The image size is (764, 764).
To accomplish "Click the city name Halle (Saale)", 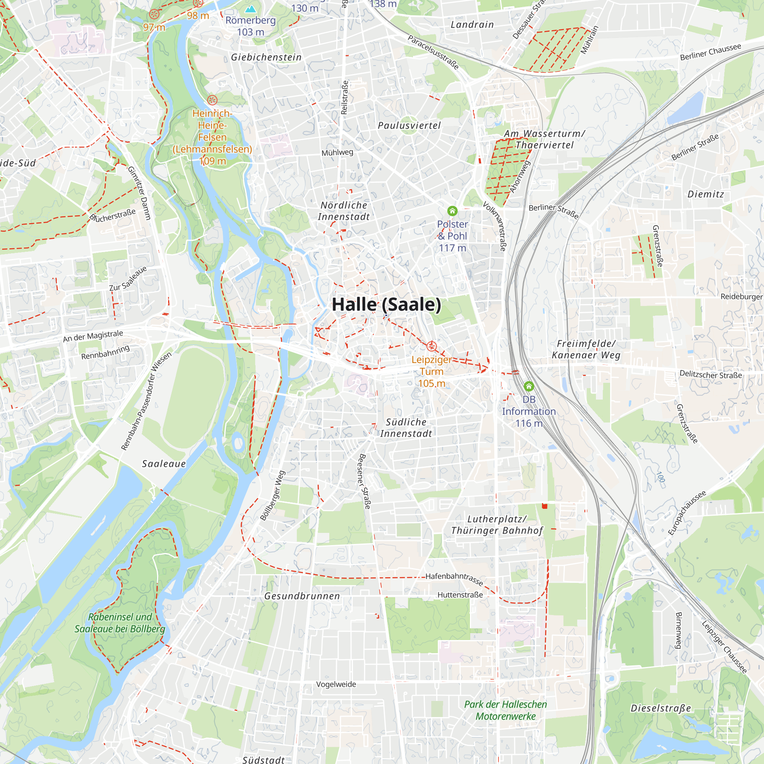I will pos(386,304).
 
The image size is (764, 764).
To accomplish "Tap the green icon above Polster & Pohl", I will pos(452,211).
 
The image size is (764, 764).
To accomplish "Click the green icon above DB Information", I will pos(529,386).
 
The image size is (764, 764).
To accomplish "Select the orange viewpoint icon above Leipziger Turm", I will pos(431,346).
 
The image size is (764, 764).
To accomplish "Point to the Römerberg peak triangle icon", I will pos(250,9).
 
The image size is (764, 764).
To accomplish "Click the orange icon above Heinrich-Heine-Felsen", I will pos(212,100).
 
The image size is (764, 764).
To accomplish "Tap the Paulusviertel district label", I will pos(409,126).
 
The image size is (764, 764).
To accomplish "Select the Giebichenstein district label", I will pos(266,57).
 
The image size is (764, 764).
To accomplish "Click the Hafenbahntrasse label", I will pos(454,578).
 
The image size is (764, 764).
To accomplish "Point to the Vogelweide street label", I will pos(336,685).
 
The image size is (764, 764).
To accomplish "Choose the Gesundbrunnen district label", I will pos(302,596).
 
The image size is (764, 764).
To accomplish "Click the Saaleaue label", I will pos(164,464).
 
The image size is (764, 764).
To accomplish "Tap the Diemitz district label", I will pos(706,194).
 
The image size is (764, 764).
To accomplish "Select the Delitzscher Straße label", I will pos(711,374).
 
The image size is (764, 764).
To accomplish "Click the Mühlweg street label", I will pos(337,153).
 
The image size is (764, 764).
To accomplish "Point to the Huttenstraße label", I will pos(460,595).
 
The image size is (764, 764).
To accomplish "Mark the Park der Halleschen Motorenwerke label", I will pos(505,710).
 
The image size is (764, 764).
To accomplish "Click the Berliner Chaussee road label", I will pos(711,52).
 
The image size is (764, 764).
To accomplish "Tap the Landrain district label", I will pos(472,24).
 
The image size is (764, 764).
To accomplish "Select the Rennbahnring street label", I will pos(105,352).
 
